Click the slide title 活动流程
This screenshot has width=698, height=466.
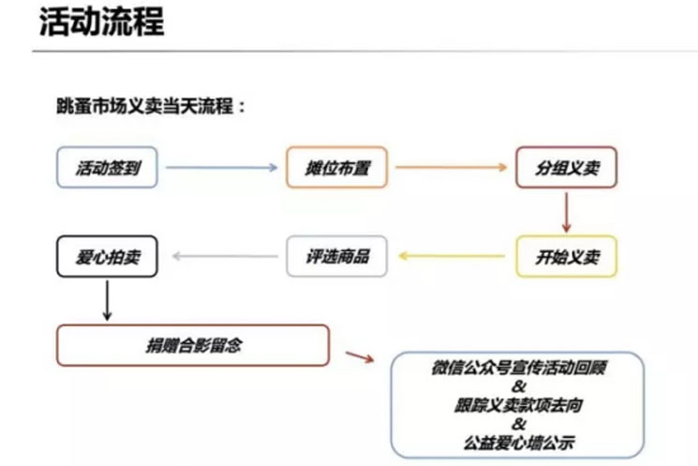coord(101,22)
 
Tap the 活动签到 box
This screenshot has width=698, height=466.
coord(106,169)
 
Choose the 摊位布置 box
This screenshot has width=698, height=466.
coord(336,169)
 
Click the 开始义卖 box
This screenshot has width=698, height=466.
coord(566,256)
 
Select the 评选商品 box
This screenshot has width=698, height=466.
coord(336,256)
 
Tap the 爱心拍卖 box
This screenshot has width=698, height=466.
coord(106,256)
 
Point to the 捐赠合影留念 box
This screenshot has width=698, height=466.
coord(193,344)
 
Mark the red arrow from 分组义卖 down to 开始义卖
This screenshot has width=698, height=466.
coord(566,213)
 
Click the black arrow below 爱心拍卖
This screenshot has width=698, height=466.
coord(106,299)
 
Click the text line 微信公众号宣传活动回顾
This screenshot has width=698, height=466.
coord(521,368)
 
